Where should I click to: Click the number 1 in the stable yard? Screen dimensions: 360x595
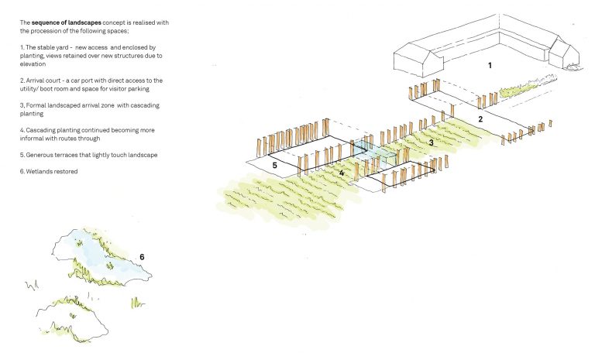click(489, 66)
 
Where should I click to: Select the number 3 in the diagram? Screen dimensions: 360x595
click(432, 142)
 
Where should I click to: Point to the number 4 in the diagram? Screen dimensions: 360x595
click(341, 172)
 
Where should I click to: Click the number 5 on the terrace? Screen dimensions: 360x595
click(273, 164)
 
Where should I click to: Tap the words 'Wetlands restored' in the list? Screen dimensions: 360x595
click(55, 170)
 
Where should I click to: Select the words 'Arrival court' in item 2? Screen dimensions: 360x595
click(46, 80)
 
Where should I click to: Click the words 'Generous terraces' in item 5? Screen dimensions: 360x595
click(53, 155)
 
